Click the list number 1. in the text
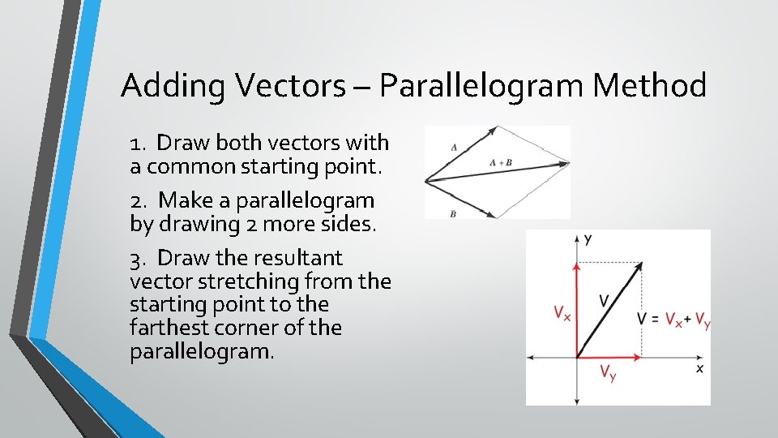click(x=139, y=144)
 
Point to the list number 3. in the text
click(x=139, y=259)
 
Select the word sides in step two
click(x=348, y=225)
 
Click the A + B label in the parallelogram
click(x=501, y=162)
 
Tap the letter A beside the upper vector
click(x=454, y=148)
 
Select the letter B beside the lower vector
click(x=453, y=214)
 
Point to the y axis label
click(x=588, y=239)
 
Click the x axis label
click(x=699, y=367)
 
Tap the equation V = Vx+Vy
click(x=674, y=319)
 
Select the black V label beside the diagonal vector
click(x=604, y=301)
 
